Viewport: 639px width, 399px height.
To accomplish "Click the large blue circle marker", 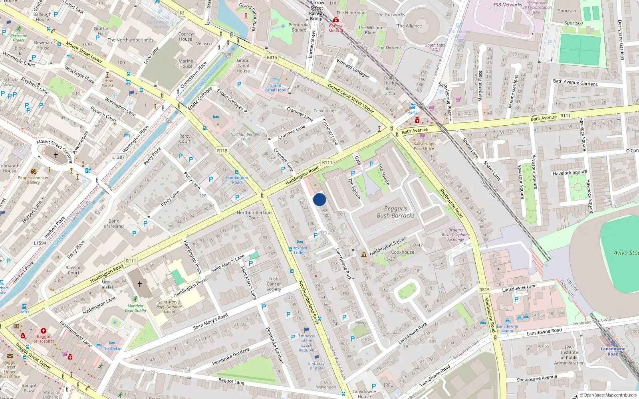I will [319, 199].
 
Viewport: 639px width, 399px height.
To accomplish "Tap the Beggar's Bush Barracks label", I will [395, 212].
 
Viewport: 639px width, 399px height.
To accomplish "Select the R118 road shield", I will [222, 150].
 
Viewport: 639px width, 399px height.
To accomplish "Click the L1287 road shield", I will [118, 157].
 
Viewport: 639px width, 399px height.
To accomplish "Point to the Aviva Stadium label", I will [625, 253].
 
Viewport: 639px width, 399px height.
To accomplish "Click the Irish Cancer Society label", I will [274, 284].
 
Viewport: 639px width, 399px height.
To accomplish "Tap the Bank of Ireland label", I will [113, 223].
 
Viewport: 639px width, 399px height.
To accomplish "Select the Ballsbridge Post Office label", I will [424, 146].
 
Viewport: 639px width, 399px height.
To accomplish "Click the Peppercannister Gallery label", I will [33, 180].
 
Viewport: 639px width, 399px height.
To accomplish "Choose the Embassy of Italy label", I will [316, 365].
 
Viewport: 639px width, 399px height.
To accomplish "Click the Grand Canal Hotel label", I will [275, 88].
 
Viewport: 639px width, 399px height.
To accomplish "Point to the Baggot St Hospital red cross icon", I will [44, 331].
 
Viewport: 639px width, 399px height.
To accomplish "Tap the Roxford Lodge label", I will [300, 250].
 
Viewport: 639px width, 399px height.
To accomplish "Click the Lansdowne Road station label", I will [613, 351].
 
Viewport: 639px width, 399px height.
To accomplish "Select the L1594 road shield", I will [40, 243].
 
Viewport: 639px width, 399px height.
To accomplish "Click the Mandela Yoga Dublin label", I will [135, 308].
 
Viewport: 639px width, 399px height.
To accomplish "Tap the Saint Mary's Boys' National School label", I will [169, 307].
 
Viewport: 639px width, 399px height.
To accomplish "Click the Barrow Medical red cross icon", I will [336, 20].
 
